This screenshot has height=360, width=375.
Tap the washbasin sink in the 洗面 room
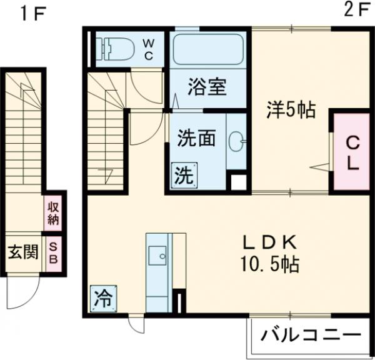(236, 141)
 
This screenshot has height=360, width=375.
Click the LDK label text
(271, 242)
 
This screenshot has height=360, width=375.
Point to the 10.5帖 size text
(271, 264)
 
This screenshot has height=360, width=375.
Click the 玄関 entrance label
(22, 253)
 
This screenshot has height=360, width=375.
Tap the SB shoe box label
(53, 252)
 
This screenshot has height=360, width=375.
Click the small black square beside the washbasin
(237, 182)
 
